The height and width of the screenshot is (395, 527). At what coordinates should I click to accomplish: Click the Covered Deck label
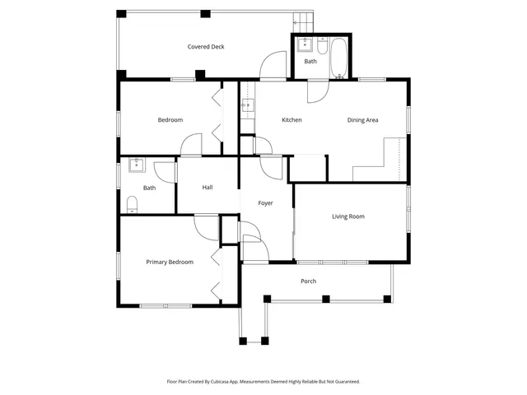coord(206,47)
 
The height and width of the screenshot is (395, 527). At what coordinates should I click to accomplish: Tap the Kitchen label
coord(291,120)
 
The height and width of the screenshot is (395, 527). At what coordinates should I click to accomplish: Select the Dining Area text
coord(362,120)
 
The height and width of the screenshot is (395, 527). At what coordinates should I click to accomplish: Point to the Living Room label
coord(348,216)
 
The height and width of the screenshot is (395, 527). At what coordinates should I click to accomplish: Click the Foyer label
coord(265,202)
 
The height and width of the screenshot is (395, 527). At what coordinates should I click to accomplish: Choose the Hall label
coord(208,187)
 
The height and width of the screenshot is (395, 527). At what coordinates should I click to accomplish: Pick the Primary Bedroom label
coord(170,262)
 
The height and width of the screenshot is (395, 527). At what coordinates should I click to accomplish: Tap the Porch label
coord(309,281)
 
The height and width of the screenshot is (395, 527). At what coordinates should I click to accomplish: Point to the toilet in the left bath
coord(132,203)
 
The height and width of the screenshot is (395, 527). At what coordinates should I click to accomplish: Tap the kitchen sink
coord(246,106)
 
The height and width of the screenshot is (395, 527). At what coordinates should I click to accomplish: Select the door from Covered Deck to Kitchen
coord(273,66)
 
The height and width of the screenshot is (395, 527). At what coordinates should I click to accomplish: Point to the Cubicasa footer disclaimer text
coord(263,381)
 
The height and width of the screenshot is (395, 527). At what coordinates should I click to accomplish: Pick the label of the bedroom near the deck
coord(170,120)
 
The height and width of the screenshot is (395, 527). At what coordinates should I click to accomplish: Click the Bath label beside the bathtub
coord(310,62)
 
